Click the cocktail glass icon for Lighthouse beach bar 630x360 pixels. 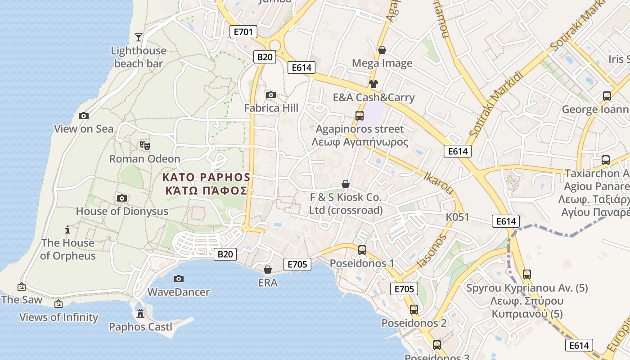pyautogui.click(x=139, y=37)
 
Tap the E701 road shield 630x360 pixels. pyautogui.click(x=243, y=31)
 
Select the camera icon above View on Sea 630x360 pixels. pyautogui.click(x=83, y=116)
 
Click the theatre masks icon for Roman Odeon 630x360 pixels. pyautogui.click(x=144, y=145)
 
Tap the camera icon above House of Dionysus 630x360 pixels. pyautogui.click(x=121, y=198)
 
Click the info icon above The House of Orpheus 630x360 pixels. pyautogui.click(x=67, y=229)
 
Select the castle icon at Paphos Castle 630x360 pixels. pyautogui.click(x=140, y=313)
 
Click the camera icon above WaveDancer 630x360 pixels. pyautogui.click(x=179, y=279)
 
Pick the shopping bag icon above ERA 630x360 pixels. pyautogui.click(x=268, y=270)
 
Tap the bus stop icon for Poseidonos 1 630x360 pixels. pyautogui.click(x=362, y=250)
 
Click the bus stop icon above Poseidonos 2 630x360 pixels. pyautogui.click(x=414, y=310)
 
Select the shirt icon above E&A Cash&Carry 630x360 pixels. pyautogui.click(x=373, y=84)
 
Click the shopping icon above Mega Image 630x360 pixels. pyautogui.click(x=382, y=50)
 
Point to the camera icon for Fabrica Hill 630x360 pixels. pyautogui.click(x=271, y=94)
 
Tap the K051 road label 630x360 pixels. pyautogui.click(x=457, y=217)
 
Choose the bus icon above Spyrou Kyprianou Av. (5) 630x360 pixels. pyautogui.click(x=527, y=274)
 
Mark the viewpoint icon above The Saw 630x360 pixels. pyautogui.click(x=21, y=286)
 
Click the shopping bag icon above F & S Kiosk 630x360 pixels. pyautogui.click(x=346, y=184)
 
